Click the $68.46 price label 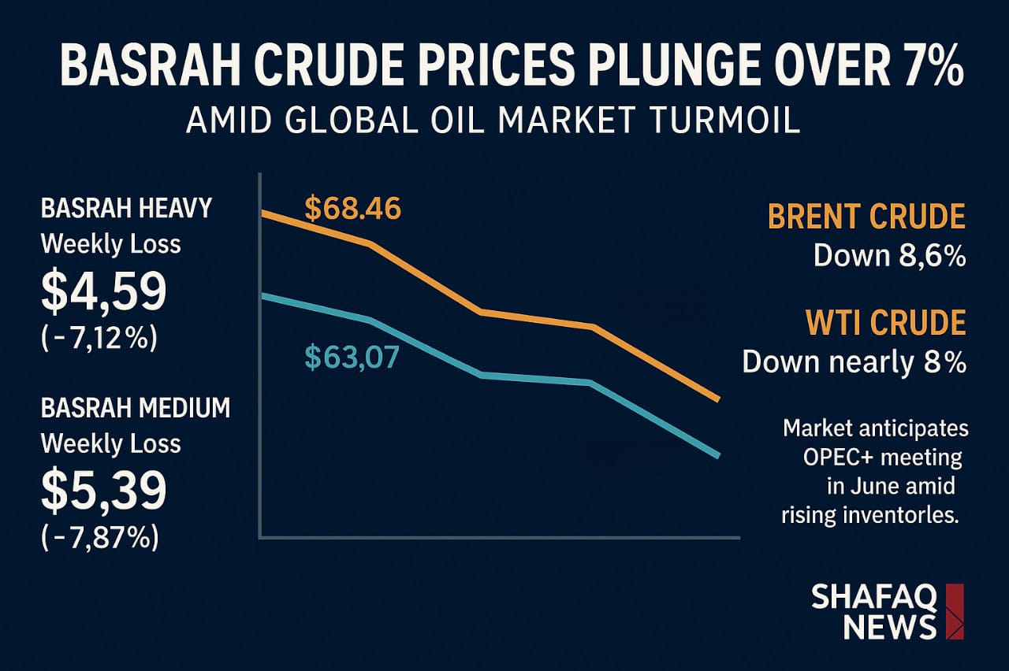[x=352, y=209]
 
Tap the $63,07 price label [x=352, y=358]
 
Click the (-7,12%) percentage [x=99, y=339]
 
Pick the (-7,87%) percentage [x=99, y=538]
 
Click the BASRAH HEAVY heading [x=126, y=208]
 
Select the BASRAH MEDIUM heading [x=135, y=408]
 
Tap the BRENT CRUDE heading [x=866, y=217]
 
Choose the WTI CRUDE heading [x=885, y=323]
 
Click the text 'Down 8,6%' [x=889, y=256]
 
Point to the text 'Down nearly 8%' [x=854, y=362]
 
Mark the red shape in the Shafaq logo [x=954, y=611]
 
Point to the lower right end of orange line [x=718, y=400]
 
